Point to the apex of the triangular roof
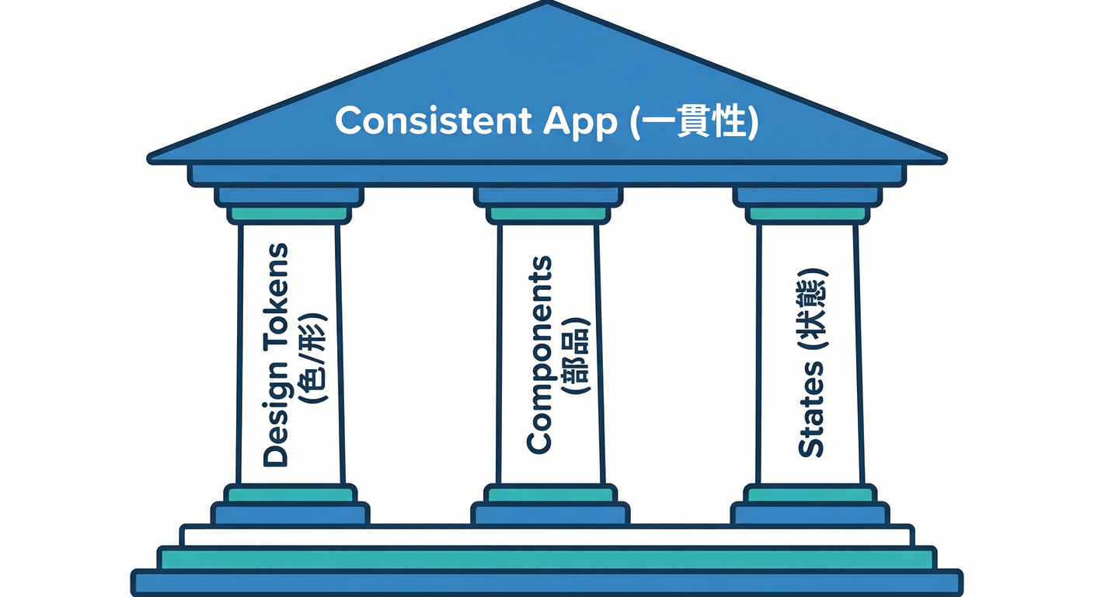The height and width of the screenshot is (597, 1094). pyautogui.click(x=546, y=4)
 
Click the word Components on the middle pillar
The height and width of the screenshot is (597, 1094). pyautogui.click(x=538, y=354)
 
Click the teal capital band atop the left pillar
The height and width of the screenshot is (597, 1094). pyautogui.click(x=289, y=214)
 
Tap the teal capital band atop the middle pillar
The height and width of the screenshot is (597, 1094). pyautogui.click(x=548, y=214)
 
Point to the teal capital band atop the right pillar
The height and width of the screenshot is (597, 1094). pyautogui.click(x=807, y=214)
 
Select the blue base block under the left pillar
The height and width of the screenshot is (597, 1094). pyautogui.click(x=290, y=514)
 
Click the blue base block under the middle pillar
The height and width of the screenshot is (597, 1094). pyautogui.click(x=549, y=514)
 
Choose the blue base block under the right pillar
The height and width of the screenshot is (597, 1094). pyautogui.click(x=809, y=514)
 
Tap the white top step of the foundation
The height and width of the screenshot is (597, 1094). pyautogui.click(x=546, y=536)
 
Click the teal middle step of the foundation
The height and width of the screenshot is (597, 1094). pyautogui.click(x=546, y=558)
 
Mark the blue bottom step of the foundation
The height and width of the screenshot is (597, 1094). pyautogui.click(x=546, y=582)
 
